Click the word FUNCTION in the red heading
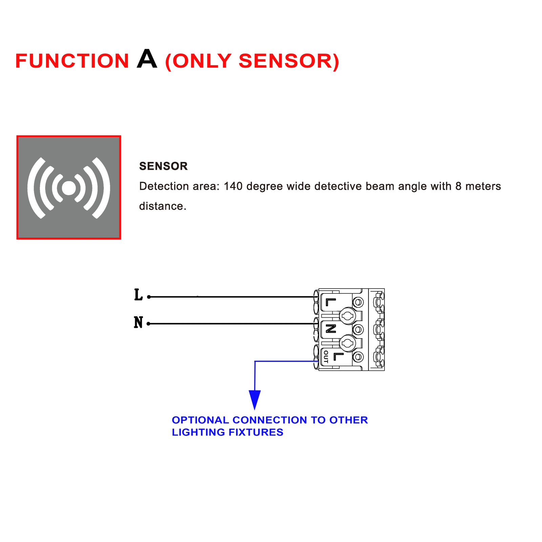point(72,61)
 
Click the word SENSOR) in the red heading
point(289,61)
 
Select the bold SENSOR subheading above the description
point(163,166)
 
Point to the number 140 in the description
point(233,186)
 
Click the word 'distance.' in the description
point(163,206)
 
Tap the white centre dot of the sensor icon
point(69,188)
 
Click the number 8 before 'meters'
point(458,186)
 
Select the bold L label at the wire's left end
point(138,295)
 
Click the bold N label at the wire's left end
point(138,322)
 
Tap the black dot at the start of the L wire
point(149,297)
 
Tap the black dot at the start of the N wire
point(148,324)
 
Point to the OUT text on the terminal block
point(326,357)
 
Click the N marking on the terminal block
point(331,329)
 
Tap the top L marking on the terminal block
point(331,302)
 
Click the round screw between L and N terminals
point(348,316)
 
